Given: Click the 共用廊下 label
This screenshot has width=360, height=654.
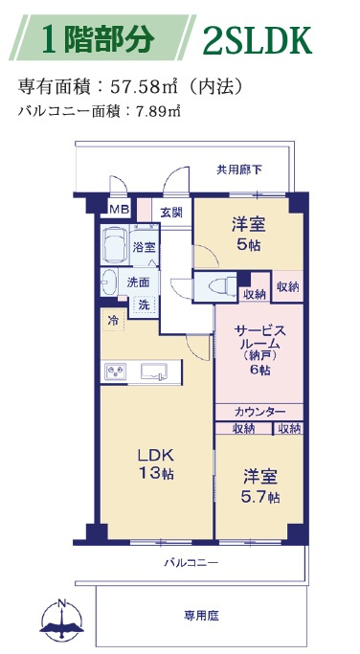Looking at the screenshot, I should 238,170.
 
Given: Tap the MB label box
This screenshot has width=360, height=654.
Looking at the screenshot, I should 118,209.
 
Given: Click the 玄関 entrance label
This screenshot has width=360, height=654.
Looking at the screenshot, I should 171,212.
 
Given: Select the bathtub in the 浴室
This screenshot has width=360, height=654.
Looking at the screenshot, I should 116,244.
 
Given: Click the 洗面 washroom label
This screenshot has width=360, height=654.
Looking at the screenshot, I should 137,282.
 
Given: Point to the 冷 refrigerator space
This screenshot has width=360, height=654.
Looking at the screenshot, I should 113,320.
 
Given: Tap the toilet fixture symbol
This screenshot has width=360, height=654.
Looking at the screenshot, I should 215,285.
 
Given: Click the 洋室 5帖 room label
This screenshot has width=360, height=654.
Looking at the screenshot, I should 248,233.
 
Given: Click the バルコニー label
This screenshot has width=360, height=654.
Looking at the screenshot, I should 191,561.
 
